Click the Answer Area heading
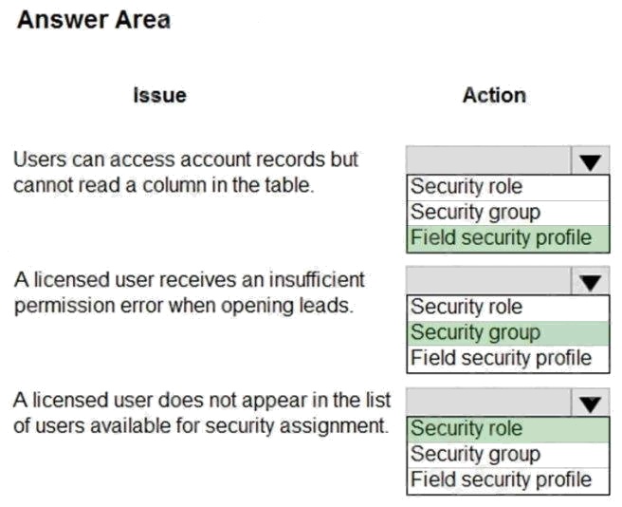(94, 20)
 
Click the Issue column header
(160, 95)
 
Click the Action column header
(494, 95)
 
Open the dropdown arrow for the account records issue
(590, 160)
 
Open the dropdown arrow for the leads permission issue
(590, 281)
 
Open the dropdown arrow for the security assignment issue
(590, 403)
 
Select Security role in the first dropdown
(466, 186)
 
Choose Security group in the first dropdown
(475, 213)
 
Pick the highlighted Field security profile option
(501, 238)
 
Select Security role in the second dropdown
(466, 307)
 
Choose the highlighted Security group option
(475, 333)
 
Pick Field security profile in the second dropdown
(501, 358)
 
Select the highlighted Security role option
(466, 428)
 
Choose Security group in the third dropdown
(475, 454)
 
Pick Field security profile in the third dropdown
(501, 479)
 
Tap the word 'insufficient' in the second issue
(317, 279)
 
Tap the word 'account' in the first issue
(141, 160)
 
